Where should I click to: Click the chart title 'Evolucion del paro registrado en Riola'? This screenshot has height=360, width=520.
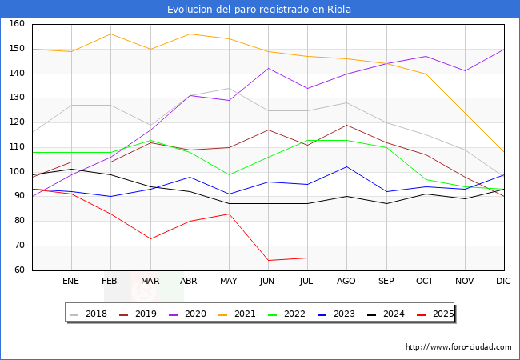click(x=259, y=10)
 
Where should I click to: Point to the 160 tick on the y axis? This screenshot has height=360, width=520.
click(x=17, y=25)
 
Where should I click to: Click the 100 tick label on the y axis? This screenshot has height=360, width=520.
click(x=17, y=172)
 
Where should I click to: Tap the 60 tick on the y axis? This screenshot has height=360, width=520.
click(x=19, y=270)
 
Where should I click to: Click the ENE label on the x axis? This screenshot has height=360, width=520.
click(x=71, y=282)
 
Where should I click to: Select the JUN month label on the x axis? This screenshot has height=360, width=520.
click(x=268, y=282)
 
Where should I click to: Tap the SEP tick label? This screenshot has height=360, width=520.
click(x=386, y=282)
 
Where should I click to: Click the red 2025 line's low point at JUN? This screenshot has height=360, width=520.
click(x=268, y=260)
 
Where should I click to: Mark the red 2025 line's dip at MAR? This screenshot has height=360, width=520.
click(x=150, y=238)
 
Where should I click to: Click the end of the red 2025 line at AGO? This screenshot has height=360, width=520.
click(x=346, y=258)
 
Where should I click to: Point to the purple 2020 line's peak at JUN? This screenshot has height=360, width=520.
click(x=268, y=68)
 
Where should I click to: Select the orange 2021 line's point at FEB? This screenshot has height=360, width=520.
click(x=110, y=34)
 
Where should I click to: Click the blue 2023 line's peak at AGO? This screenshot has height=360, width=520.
click(x=346, y=166)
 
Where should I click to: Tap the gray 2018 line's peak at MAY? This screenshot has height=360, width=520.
click(x=229, y=88)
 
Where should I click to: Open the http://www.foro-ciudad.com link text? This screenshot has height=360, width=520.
click(x=458, y=347)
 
